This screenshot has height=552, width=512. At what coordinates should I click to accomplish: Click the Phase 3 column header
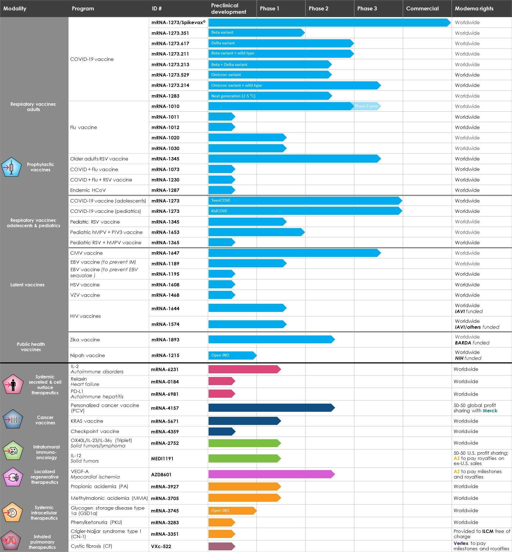[x=367, y=8]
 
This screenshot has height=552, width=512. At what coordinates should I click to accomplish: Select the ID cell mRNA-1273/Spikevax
[x=178, y=22]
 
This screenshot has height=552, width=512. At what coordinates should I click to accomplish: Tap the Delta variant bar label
[x=223, y=43]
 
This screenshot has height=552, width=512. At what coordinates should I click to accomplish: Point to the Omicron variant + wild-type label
[x=236, y=85]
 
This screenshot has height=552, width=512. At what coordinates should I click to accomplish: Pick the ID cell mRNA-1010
[x=165, y=106]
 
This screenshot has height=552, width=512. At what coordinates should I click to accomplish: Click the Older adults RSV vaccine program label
[x=99, y=159]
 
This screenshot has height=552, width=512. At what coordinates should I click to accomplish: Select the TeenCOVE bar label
[x=221, y=200]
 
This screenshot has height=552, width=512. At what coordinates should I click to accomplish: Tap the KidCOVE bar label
[x=219, y=211]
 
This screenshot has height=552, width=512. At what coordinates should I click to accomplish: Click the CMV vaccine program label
[x=86, y=253]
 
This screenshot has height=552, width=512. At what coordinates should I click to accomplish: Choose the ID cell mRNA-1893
[x=165, y=340]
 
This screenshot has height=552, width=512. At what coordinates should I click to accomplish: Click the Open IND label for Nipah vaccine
[x=220, y=355]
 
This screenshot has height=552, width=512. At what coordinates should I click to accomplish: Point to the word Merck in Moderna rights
[x=490, y=411]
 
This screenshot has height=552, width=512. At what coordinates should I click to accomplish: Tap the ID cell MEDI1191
[x=162, y=459]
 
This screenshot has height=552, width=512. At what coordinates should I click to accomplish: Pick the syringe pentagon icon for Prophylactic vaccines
[x=11, y=167]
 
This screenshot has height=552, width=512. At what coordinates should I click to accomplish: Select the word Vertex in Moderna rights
[x=461, y=543]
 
